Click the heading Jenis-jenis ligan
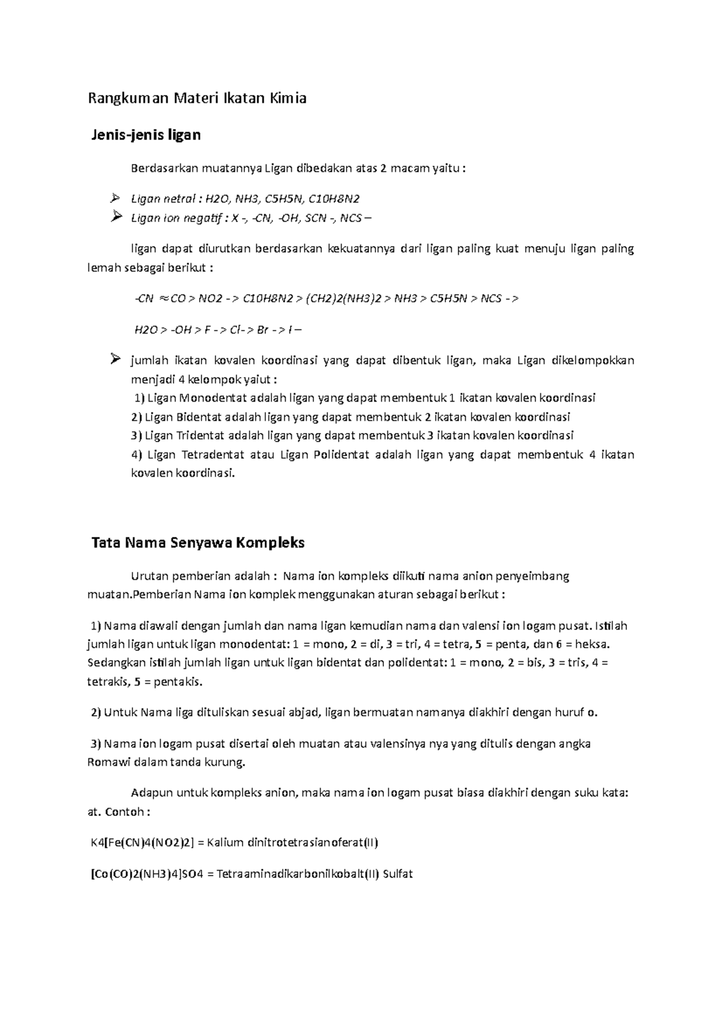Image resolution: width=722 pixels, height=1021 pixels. [146, 135]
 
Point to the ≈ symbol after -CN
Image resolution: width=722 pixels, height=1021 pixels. [162, 299]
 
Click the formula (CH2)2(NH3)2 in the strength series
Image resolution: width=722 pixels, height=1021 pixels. [343, 299]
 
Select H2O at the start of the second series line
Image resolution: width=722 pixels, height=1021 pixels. [146, 330]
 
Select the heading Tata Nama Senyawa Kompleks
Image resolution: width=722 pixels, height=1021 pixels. [197, 543]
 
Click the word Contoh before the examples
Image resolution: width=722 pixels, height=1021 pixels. [125, 812]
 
